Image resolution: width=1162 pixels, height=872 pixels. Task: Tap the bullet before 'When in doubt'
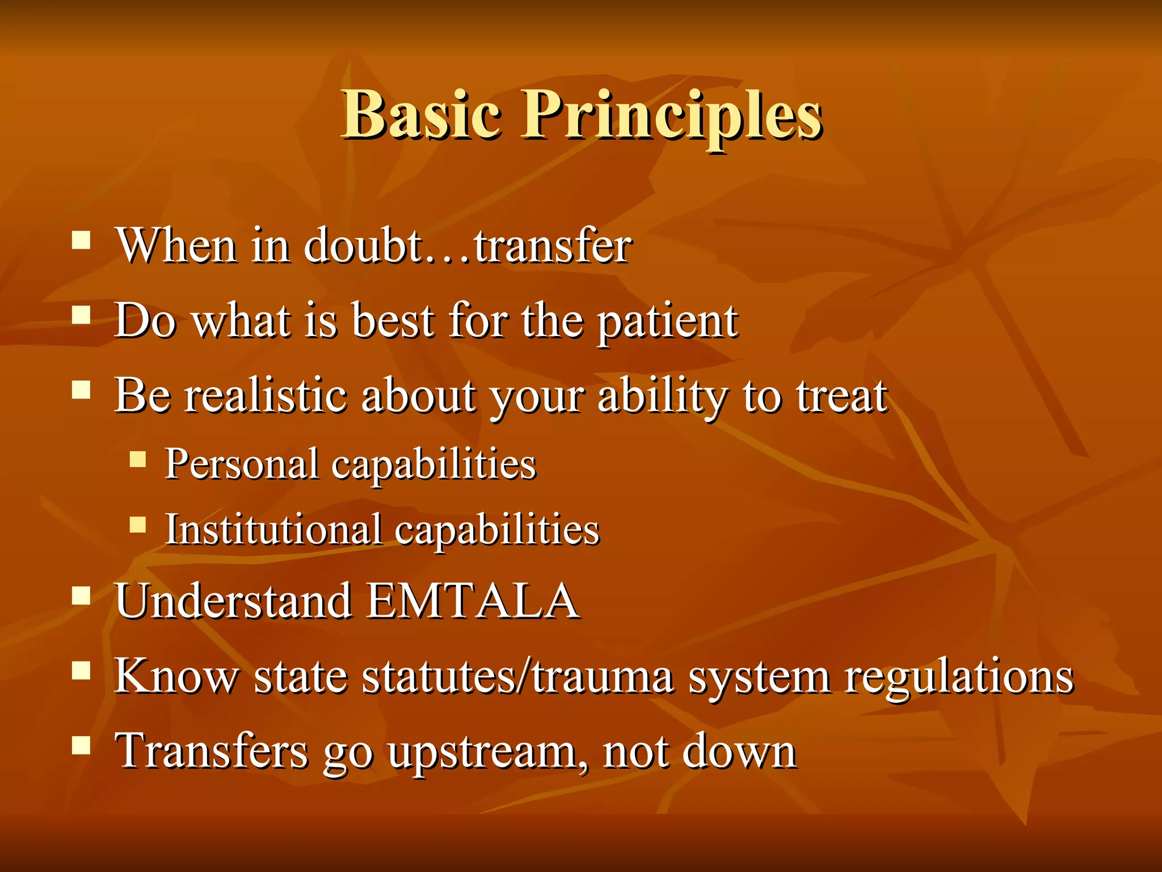pos(81,240)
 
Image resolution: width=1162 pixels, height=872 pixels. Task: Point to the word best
pos(393,321)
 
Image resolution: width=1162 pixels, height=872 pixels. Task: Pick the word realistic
pos(266,396)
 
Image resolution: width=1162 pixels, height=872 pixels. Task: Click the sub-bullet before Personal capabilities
pos(138,458)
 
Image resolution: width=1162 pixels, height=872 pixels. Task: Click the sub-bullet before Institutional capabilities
pos(138,524)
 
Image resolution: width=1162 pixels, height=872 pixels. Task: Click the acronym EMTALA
pos(472,601)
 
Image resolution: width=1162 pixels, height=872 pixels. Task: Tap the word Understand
pos(233,601)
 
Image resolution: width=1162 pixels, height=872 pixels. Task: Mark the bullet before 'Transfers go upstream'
pos(81,745)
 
